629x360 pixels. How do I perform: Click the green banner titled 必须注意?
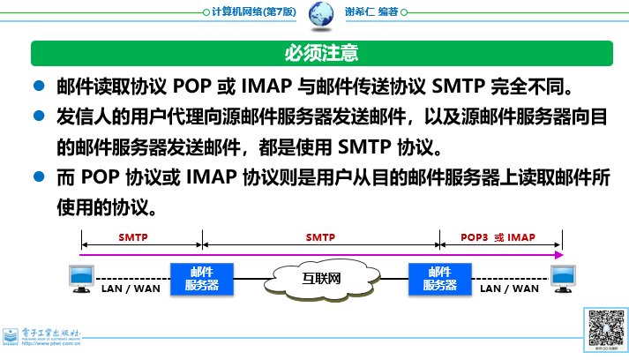click(320, 53)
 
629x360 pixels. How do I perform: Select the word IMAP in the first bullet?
click(262, 88)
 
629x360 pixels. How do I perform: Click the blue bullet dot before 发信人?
click(39, 116)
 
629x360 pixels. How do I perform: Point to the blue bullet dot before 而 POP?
click(39, 176)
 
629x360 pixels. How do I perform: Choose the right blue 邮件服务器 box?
click(439, 279)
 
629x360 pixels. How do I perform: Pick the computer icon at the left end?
click(80, 277)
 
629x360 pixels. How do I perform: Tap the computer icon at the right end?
click(563, 277)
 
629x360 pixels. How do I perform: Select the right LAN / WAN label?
click(508, 289)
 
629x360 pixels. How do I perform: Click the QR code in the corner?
click(606, 330)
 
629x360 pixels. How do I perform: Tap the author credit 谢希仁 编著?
click(375, 13)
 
